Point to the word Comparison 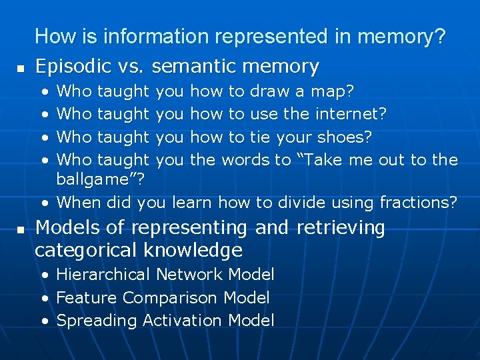tap(171, 297)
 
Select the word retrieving tap(340, 228)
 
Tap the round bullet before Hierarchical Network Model tap(44, 275)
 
